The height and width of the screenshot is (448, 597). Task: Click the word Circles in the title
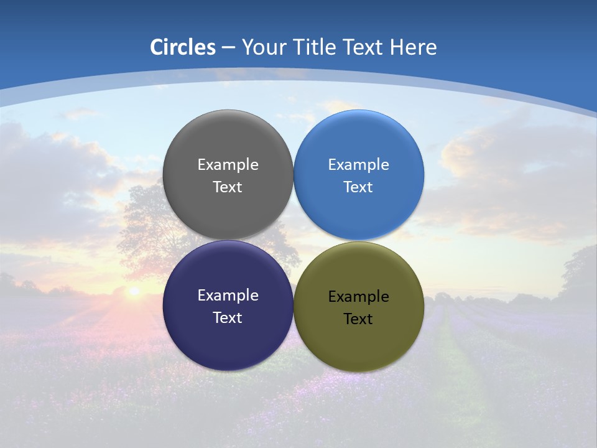(182, 47)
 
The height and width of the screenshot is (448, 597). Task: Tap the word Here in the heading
(413, 47)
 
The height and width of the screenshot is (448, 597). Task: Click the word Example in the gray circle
(228, 165)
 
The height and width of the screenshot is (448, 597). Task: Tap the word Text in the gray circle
(228, 187)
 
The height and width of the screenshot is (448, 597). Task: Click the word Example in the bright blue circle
(359, 165)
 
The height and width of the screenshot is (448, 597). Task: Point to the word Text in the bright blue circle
(358, 187)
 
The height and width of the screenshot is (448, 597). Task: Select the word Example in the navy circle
(228, 296)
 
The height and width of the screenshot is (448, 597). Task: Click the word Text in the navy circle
(228, 318)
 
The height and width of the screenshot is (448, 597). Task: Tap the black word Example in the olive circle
(359, 297)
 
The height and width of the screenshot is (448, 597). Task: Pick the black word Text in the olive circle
(358, 319)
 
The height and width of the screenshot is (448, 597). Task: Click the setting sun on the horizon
(133, 291)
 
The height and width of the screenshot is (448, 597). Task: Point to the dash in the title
(228, 48)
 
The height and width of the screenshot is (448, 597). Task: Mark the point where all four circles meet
(294, 240)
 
